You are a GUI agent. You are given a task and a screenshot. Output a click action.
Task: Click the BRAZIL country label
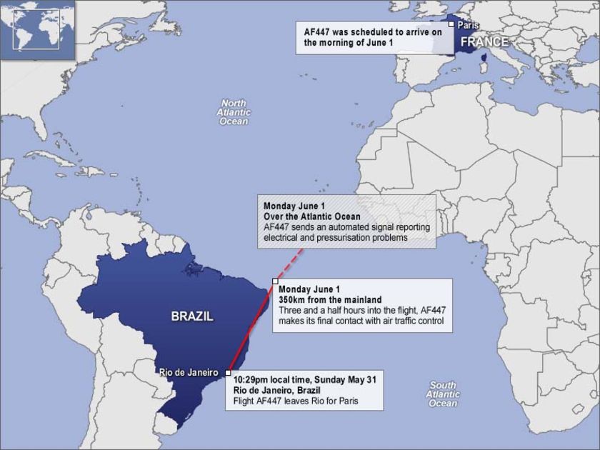tap(191, 316)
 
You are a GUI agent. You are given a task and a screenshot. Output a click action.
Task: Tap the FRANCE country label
tap(484, 42)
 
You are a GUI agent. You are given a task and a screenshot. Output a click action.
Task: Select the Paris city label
tap(469, 25)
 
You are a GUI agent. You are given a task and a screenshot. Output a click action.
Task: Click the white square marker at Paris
tap(452, 24)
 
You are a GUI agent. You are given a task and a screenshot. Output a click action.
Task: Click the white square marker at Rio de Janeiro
tap(227, 372)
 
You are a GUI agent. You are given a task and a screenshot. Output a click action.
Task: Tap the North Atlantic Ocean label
tap(234, 112)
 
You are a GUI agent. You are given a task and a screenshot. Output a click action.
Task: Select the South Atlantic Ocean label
tap(443, 394)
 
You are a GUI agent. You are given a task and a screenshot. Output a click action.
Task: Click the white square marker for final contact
tap(275, 281)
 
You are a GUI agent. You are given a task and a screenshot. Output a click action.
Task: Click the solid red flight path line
tap(250, 329)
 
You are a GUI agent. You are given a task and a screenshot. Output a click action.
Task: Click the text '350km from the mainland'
tap(330, 299)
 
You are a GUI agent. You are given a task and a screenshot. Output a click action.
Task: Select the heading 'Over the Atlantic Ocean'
tap(311, 216)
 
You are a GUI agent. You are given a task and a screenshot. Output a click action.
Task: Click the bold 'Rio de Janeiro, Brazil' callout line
tap(277, 391)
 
